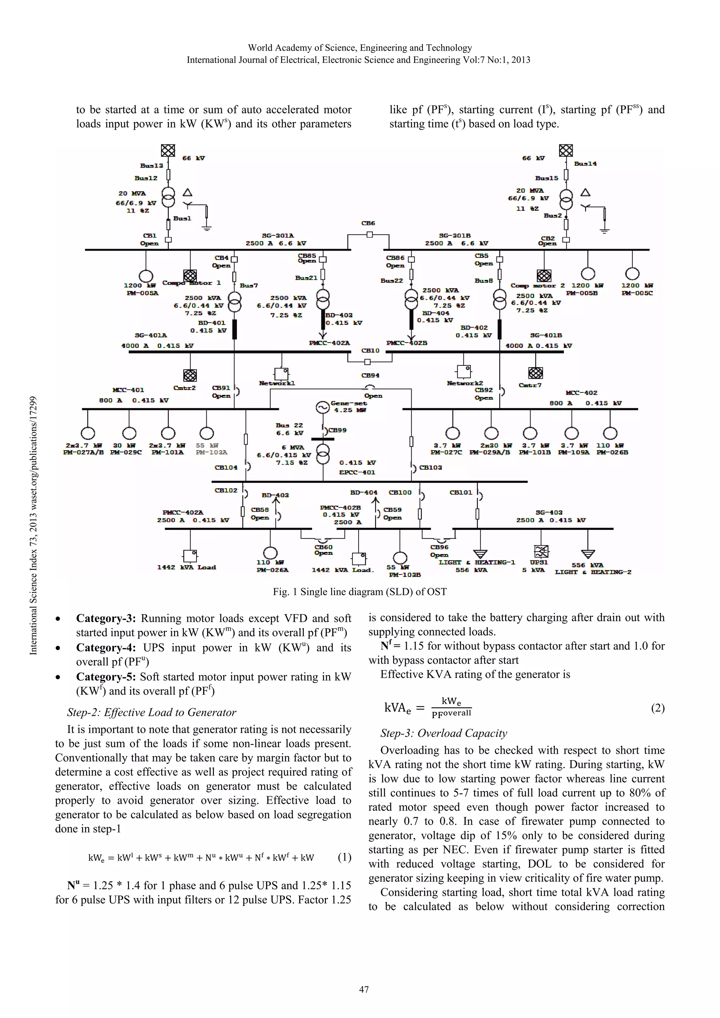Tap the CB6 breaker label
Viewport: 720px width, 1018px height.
tap(368, 223)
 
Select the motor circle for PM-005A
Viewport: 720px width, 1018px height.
tap(146, 276)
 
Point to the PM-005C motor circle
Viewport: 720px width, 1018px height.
tap(632, 274)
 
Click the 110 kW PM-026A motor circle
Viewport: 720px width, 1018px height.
tap(270, 552)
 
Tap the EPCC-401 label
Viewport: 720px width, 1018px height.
tap(357, 473)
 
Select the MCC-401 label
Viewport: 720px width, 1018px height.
tap(128, 390)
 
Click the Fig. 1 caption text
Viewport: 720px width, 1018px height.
tap(360, 592)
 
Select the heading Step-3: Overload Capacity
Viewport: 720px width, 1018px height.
tap(443, 733)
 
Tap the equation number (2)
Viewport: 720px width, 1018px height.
tap(657, 708)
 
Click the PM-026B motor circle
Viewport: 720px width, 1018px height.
tap(610, 433)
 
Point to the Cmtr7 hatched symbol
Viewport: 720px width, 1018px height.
tap(535, 373)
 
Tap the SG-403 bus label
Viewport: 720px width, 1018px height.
tap(549, 513)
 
